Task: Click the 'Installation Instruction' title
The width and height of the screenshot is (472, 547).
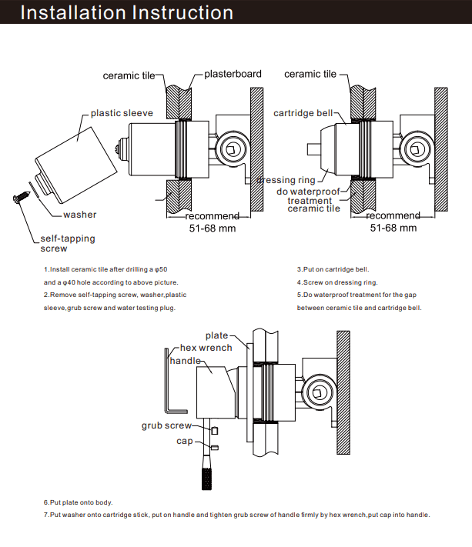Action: point(127,13)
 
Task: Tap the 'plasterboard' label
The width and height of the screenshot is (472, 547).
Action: point(233,75)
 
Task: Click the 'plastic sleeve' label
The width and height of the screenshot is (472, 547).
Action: point(122,113)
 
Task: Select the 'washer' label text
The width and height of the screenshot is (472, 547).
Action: point(80,215)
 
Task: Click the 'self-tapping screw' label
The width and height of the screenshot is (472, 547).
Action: point(68,243)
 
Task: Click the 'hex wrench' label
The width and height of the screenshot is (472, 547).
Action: point(206,348)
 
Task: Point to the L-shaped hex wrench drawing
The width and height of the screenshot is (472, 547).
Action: point(172,385)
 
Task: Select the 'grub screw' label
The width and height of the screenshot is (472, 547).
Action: point(166,425)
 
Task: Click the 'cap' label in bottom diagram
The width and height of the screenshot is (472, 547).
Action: point(185,441)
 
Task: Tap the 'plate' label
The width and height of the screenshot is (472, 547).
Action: point(216,335)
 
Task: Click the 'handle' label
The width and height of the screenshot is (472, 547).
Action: point(185,360)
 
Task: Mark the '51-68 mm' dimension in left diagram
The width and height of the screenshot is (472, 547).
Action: point(213,228)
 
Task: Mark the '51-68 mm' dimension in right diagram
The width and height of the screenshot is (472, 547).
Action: point(393,228)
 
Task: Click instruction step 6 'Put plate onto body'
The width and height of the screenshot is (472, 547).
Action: point(78,502)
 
